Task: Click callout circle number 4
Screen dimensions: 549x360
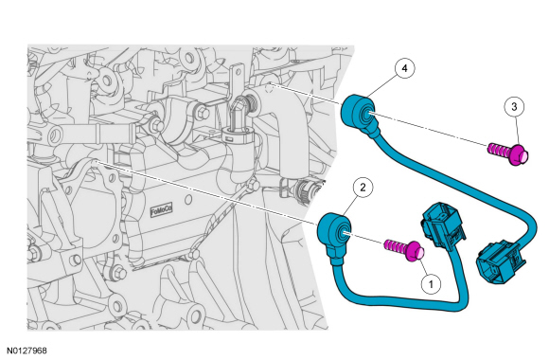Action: point(405,68)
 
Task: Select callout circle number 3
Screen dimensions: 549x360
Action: point(514,107)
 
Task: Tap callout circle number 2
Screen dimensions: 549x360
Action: point(363,188)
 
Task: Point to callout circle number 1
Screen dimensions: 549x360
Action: point(431,283)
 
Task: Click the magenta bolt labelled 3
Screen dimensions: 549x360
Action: point(508,153)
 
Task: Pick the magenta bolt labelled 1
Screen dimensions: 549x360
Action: point(405,250)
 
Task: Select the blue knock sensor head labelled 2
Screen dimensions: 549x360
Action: point(335,231)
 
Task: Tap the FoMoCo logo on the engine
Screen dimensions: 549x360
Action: point(162,211)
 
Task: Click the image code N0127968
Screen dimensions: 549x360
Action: point(27,351)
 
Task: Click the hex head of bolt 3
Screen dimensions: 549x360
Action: point(520,156)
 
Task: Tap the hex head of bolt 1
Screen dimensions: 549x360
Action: point(416,252)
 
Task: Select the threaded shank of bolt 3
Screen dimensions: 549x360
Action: point(499,150)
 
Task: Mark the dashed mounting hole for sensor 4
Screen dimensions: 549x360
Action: point(269,88)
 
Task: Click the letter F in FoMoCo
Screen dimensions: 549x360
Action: point(152,213)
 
